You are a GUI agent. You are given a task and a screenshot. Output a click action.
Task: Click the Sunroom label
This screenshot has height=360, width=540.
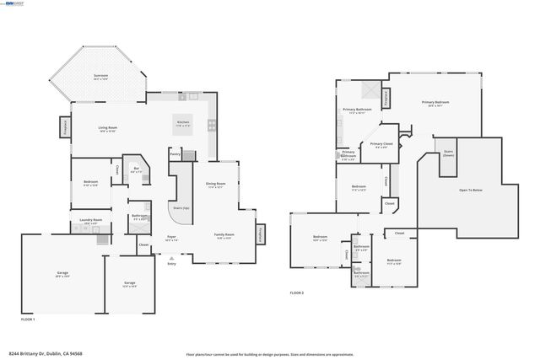pos(101,77)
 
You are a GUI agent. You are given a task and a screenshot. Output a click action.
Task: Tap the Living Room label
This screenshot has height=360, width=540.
pos(107,130)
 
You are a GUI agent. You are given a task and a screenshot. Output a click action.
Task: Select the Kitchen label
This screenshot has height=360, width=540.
pos(183,123)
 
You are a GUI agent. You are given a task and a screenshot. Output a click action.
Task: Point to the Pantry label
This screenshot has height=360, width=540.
pos(175,154)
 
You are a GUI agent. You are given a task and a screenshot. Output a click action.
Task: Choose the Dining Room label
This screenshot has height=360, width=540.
pos(215,185)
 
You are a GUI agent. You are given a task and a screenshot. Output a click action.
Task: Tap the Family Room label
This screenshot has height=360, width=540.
pos(224,235)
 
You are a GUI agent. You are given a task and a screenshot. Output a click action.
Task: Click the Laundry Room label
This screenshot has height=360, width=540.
pos(91,221)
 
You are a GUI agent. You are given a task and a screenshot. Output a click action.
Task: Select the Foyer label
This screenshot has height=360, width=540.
pos(171,238)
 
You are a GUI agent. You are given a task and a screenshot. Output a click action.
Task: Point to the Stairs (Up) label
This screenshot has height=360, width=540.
pos(181,207)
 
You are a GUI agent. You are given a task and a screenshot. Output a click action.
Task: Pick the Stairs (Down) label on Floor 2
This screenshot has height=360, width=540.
pos(448,153)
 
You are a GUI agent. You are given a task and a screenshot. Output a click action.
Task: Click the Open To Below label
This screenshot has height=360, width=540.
pos(471,191)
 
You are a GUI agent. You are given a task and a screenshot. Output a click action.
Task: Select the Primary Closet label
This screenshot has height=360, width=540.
pos(381,145)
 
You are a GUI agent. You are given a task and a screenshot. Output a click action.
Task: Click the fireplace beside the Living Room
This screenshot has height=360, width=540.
pos(64,126)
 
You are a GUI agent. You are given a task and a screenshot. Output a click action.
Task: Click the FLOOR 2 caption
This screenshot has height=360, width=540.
pos(296,293)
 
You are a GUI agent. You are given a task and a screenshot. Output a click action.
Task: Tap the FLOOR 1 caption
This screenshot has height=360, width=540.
pos(28,319)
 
